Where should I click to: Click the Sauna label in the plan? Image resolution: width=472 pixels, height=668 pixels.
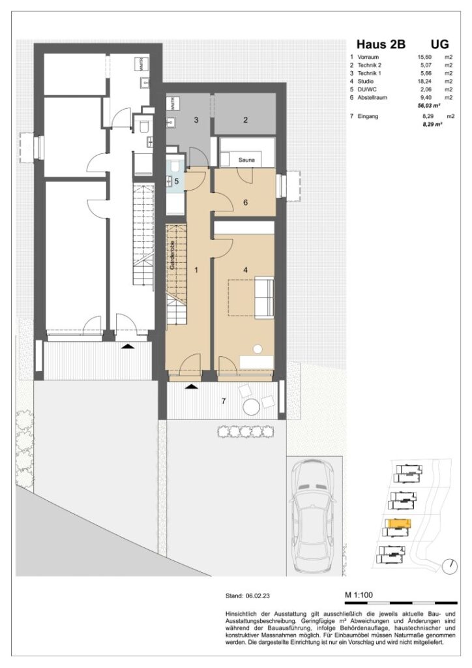[x=246, y=159]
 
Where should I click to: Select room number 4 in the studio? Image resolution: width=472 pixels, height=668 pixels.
[x=245, y=269]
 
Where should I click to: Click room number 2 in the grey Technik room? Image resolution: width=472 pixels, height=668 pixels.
[x=245, y=119]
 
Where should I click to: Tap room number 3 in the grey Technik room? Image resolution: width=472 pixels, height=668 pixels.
[x=196, y=121]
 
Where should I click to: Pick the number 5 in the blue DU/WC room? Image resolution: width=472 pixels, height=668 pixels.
[x=175, y=181]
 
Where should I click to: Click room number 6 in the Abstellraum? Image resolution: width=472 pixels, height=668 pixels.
[x=245, y=202]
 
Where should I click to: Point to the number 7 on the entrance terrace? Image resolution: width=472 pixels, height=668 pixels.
[x=224, y=401]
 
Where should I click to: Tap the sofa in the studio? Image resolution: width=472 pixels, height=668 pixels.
[x=263, y=296]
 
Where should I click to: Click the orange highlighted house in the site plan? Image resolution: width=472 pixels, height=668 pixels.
[x=398, y=524]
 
